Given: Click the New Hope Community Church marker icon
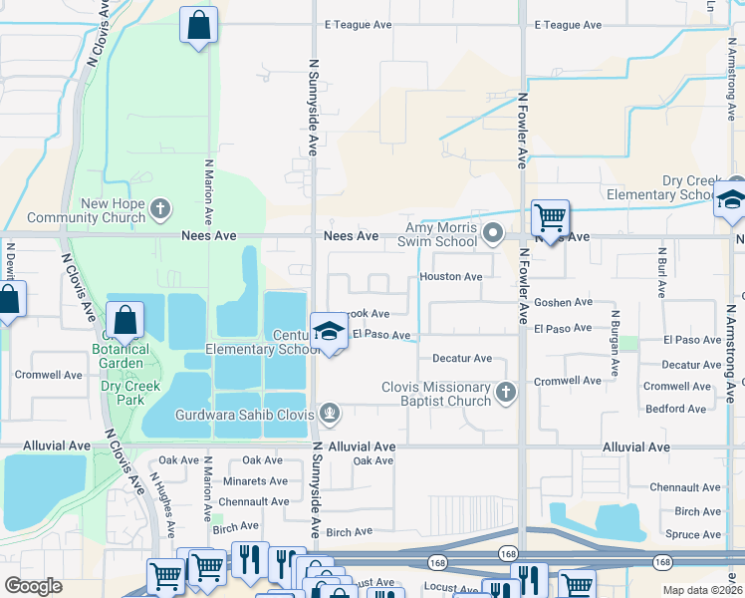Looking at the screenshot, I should (x=160, y=209).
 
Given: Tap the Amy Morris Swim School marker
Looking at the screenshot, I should (x=492, y=235).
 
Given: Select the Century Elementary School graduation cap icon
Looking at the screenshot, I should (x=328, y=333).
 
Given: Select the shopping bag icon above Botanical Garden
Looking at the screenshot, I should (x=125, y=320).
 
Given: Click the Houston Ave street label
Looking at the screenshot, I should (x=451, y=276).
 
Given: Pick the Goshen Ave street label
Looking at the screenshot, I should (x=563, y=302).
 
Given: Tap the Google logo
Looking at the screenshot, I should (x=33, y=586).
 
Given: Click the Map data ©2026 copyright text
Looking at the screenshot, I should (x=702, y=590).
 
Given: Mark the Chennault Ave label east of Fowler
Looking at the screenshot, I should (x=684, y=487).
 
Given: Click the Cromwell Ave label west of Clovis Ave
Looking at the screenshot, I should (x=48, y=375).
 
